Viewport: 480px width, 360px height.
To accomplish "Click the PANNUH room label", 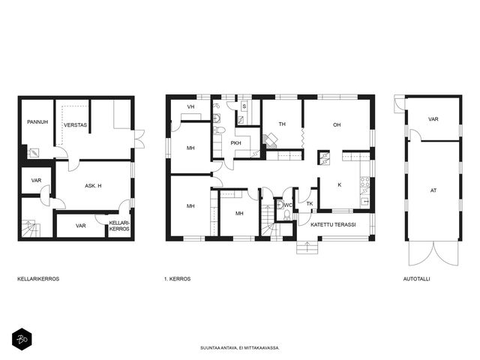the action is click(x=37, y=121).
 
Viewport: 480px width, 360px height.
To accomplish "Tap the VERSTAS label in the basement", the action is click(x=75, y=125).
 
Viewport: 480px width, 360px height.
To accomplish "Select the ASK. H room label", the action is click(x=93, y=185).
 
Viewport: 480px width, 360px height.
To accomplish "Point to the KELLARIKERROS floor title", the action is click(x=38, y=279).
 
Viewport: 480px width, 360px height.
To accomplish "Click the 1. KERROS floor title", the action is click(x=177, y=279).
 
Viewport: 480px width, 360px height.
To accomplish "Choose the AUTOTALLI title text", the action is click(x=417, y=279).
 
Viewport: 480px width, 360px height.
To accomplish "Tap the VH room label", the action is click(x=190, y=106).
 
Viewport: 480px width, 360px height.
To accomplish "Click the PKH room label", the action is click(x=235, y=143).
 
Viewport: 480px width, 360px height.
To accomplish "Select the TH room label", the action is click(x=282, y=124).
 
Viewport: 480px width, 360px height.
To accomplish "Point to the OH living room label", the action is click(x=337, y=125).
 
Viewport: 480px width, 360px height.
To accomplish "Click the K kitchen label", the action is click(x=340, y=185).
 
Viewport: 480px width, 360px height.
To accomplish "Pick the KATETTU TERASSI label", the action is click(x=333, y=225).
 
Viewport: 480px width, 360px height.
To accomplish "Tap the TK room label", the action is click(x=310, y=203).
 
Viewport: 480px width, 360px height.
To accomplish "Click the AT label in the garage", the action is click(x=433, y=190).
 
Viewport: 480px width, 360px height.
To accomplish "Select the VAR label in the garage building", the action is click(x=433, y=119).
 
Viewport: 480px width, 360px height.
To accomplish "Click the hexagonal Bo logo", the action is click(x=22, y=339).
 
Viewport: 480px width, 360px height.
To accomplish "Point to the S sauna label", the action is click(x=244, y=106).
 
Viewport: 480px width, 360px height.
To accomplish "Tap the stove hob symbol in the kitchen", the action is click(x=365, y=181).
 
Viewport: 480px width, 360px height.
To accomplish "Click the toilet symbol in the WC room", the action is click(x=287, y=214).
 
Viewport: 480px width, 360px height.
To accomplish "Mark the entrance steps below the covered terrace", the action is click(x=307, y=247).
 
